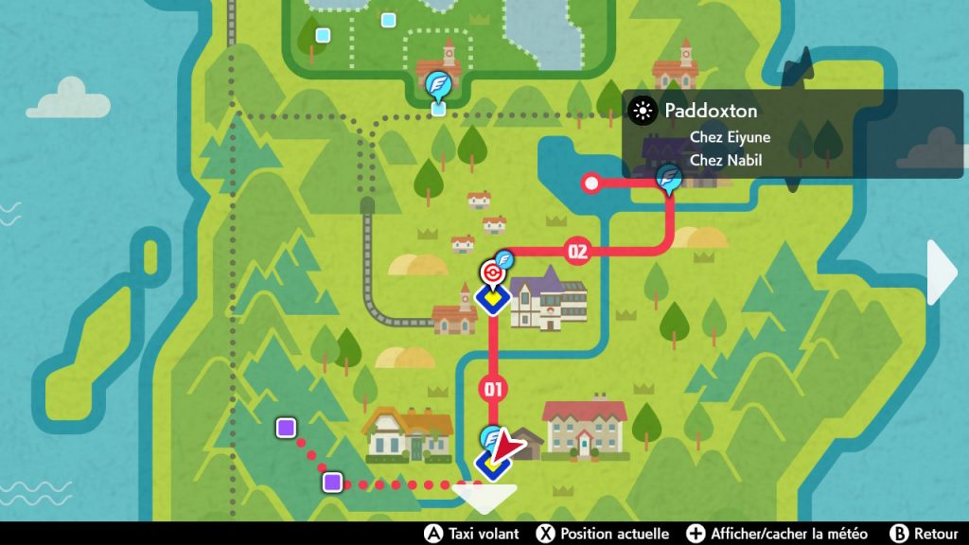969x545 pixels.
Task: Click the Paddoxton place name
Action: [x=711, y=111]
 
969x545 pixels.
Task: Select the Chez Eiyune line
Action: [x=730, y=137]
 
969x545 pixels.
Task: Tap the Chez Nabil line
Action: [x=726, y=160]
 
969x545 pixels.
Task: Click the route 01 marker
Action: [x=492, y=388]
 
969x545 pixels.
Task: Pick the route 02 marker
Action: [x=576, y=251]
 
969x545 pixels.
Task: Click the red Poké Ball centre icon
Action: [x=491, y=273]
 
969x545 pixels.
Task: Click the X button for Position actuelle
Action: [x=545, y=534]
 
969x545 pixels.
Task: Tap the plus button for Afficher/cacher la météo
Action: [x=696, y=534]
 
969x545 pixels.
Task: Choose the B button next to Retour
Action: [x=900, y=534]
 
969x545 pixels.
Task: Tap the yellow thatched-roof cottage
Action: [x=408, y=434]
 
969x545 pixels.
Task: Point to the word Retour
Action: [x=937, y=534]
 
